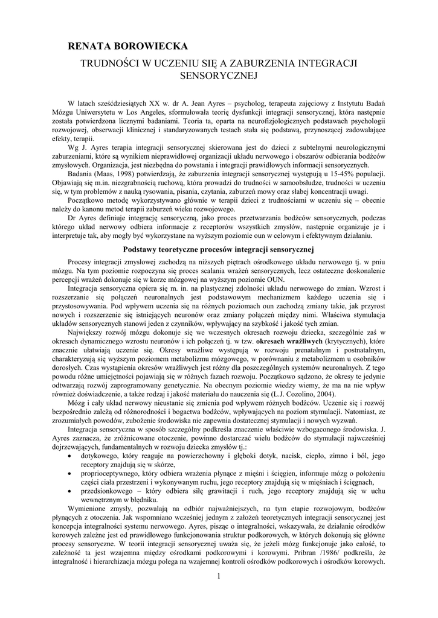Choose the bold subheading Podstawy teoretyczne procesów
[188, 249]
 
